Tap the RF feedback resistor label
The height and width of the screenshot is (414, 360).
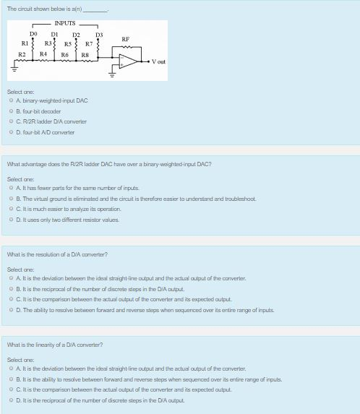126,39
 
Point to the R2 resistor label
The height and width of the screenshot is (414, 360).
22,54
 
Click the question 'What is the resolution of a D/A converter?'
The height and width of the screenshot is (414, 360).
57,254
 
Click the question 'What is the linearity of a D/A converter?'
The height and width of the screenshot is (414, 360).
55,345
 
